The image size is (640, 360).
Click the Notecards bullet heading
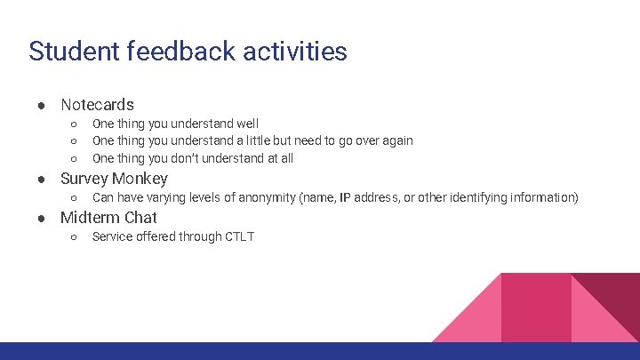(x=97, y=105)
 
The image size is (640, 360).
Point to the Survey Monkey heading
(x=114, y=178)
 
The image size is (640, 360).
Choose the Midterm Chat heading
(x=108, y=218)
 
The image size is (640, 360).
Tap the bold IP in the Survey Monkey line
(x=345, y=197)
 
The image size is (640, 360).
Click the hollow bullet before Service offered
(x=74, y=236)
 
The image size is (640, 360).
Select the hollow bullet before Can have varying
(x=74, y=197)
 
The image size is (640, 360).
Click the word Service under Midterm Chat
(x=113, y=236)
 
